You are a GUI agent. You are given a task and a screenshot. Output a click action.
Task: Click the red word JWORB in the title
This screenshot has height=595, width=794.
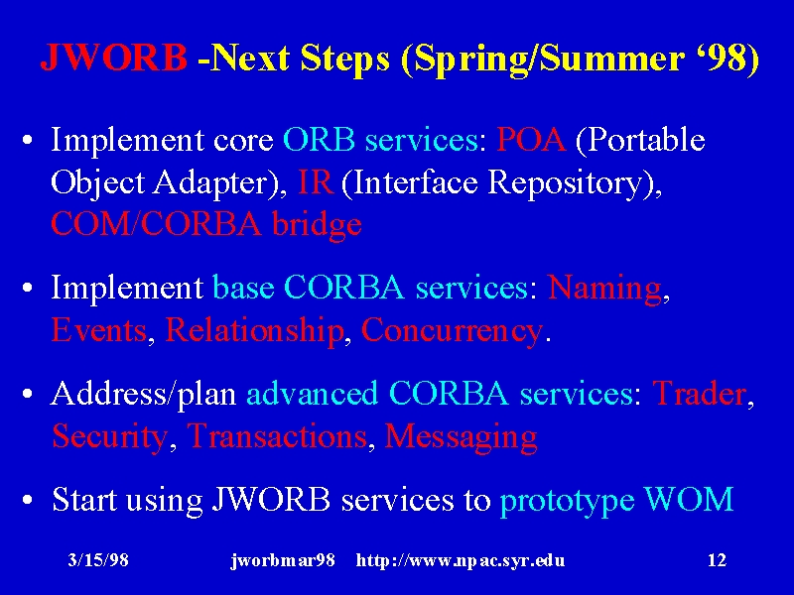(x=114, y=57)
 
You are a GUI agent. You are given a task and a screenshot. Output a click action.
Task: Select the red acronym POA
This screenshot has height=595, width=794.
(x=531, y=139)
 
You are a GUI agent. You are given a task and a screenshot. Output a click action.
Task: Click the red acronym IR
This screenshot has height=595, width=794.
(x=316, y=181)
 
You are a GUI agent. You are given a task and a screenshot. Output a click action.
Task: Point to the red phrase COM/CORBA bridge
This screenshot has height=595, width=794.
(x=206, y=225)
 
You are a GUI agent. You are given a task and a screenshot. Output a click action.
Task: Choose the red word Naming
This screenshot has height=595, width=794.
(x=604, y=288)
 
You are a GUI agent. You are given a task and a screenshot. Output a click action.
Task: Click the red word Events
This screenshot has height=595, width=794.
(x=99, y=330)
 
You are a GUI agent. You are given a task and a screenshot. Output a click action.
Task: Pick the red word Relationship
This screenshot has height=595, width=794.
(x=254, y=331)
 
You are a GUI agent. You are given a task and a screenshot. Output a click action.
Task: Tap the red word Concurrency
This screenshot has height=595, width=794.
(x=452, y=332)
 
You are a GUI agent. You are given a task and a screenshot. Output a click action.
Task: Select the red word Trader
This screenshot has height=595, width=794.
(x=700, y=393)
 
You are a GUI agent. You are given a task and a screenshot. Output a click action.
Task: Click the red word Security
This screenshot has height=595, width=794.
(x=109, y=437)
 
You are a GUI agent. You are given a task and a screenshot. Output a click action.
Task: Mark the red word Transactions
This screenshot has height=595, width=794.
(x=277, y=435)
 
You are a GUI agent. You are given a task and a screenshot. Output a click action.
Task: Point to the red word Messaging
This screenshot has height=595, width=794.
(x=461, y=437)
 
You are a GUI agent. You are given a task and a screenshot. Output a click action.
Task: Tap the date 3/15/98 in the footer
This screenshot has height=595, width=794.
(x=98, y=560)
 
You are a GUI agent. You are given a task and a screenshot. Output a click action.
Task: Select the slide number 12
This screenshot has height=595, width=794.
(x=717, y=560)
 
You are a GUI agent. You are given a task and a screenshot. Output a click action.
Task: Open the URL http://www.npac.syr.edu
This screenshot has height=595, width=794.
(x=461, y=560)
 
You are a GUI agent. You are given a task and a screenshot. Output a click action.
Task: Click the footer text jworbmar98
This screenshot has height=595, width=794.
(x=283, y=560)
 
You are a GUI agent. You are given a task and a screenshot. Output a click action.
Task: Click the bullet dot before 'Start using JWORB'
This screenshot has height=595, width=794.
(x=28, y=501)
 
